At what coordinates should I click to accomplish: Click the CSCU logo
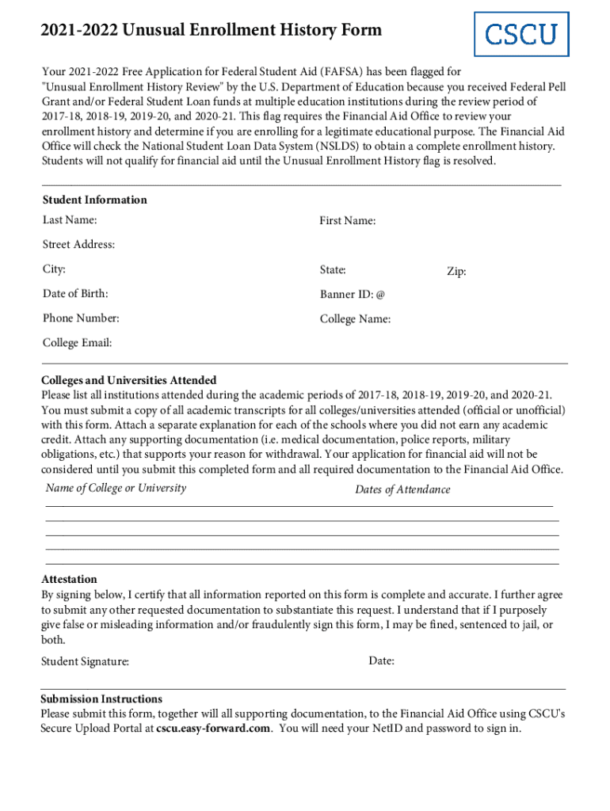click(520, 34)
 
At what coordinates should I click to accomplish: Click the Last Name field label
click(70, 219)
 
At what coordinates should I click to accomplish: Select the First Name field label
click(347, 221)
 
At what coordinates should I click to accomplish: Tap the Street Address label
click(78, 245)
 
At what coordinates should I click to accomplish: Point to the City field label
click(54, 269)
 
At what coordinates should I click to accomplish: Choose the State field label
click(333, 270)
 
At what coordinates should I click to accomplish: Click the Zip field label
click(456, 272)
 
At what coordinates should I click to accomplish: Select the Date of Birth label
click(75, 294)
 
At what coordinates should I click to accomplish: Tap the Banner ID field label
click(352, 295)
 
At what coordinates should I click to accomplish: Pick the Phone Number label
click(81, 318)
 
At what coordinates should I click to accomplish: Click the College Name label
click(355, 319)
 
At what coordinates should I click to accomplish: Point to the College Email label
click(77, 343)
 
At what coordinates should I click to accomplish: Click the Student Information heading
click(94, 200)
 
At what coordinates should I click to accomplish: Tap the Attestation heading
click(69, 579)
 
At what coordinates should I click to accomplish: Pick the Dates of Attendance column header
click(402, 489)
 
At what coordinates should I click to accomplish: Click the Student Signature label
click(85, 661)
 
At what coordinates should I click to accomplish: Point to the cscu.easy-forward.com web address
click(213, 728)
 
